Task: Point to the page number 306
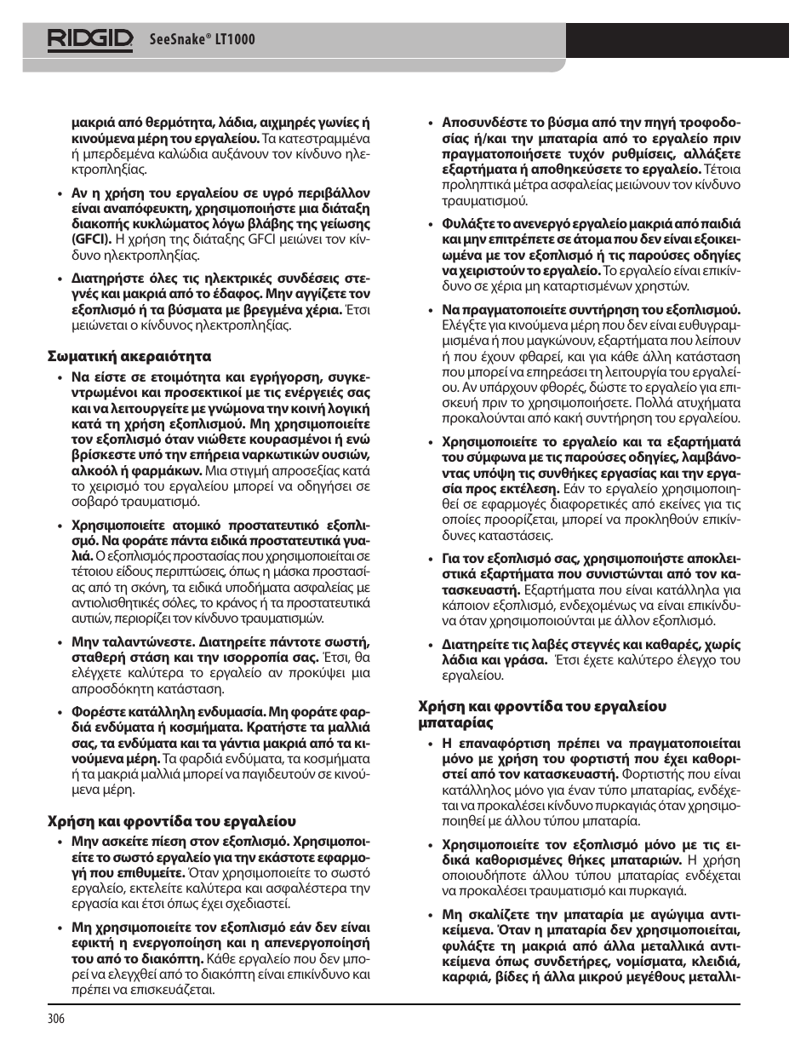[55, 1018]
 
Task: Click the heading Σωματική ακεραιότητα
[129, 356]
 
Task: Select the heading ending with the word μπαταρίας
[455, 722]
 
